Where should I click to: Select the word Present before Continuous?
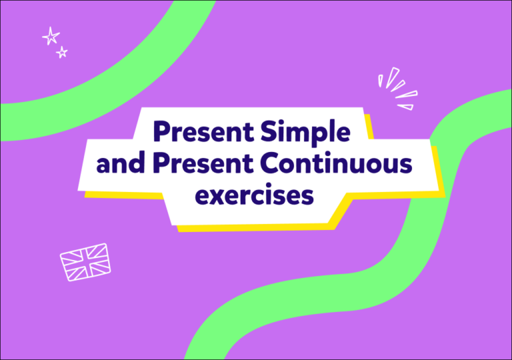click(x=203, y=164)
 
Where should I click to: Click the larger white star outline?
click(x=51, y=36)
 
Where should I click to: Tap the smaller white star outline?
click(x=62, y=52)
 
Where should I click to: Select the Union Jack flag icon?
click(x=85, y=261)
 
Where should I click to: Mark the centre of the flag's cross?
click(x=85, y=261)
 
